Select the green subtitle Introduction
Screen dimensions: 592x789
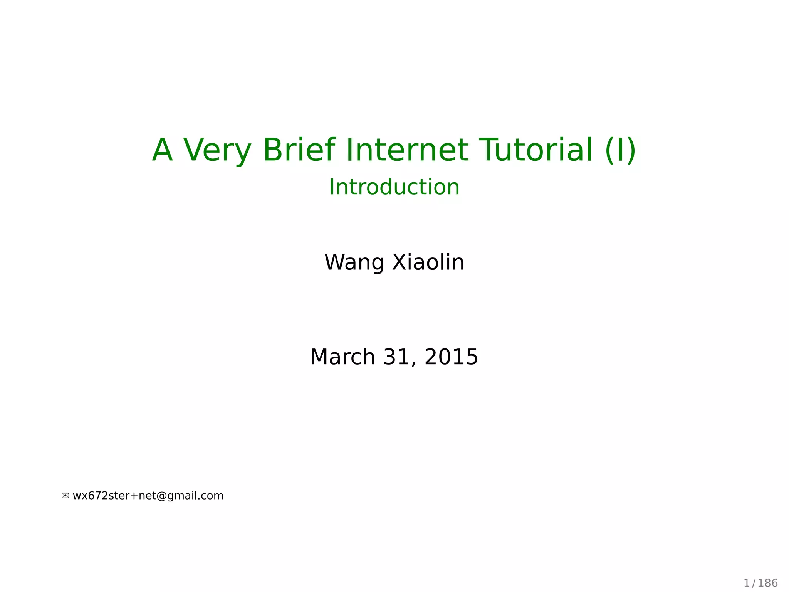(x=394, y=187)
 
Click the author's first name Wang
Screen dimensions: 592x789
(x=354, y=263)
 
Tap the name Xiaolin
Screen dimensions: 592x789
(x=428, y=262)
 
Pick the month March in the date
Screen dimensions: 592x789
(x=342, y=357)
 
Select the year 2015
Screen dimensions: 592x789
(x=451, y=357)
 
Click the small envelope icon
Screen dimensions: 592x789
(x=65, y=496)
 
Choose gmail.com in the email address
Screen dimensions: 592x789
(x=195, y=496)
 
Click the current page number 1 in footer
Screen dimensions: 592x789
(x=746, y=583)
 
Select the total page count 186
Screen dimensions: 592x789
(x=768, y=583)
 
